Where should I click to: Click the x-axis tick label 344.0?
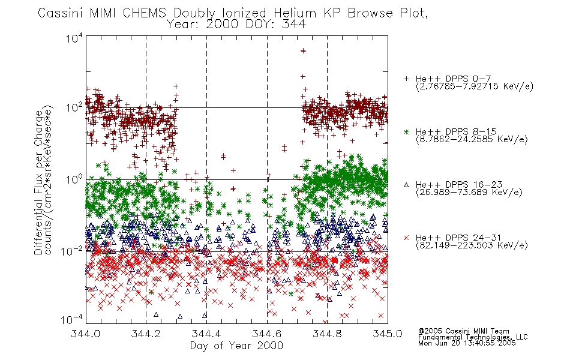[85, 334]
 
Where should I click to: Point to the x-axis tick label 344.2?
[146, 334]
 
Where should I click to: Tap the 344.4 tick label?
[206, 334]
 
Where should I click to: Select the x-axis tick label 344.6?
[267, 334]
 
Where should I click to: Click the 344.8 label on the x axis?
[327, 334]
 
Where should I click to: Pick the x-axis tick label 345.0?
[388, 334]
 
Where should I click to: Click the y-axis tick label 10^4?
[74, 38]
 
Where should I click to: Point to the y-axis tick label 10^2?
[74, 107]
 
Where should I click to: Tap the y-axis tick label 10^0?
[74, 179]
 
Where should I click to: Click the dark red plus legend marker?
[406, 79]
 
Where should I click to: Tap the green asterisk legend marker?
[406, 131]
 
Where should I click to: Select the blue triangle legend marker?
[406, 185]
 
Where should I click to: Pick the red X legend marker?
[406, 238]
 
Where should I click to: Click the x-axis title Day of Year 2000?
[236, 346]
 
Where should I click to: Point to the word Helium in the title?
[295, 13]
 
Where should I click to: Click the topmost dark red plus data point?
[303, 51]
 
